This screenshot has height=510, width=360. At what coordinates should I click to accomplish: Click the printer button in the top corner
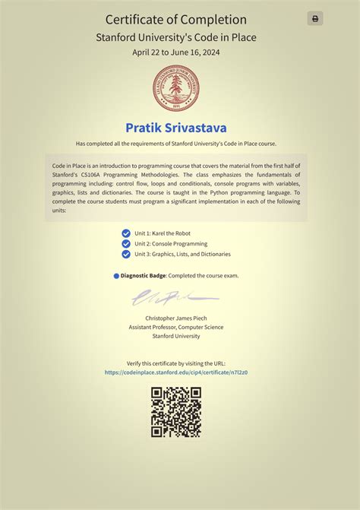(x=315, y=19)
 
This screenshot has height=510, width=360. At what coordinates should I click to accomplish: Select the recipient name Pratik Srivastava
(x=175, y=127)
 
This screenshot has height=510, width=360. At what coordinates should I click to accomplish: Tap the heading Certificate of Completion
(x=175, y=20)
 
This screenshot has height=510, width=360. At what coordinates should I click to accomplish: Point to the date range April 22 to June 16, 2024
(x=175, y=52)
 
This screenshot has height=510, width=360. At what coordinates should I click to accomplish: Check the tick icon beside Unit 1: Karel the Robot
(x=126, y=233)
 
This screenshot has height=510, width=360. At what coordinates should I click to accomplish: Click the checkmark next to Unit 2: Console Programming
(x=126, y=244)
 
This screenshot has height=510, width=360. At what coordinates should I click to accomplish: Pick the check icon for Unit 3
(x=126, y=254)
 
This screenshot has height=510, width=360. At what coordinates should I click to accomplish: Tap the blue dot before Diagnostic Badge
(x=116, y=276)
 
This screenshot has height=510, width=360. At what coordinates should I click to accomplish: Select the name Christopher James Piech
(x=176, y=318)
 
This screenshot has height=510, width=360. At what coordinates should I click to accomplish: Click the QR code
(x=176, y=412)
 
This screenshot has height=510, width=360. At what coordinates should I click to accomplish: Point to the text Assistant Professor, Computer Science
(x=176, y=327)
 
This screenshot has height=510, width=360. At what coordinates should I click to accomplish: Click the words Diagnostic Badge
(x=143, y=275)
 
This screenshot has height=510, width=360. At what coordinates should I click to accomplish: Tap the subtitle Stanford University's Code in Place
(x=175, y=36)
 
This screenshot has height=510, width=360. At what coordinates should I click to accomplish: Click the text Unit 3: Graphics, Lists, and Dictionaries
(x=182, y=254)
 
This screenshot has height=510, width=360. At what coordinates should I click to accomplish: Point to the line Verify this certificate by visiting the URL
(x=176, y=363)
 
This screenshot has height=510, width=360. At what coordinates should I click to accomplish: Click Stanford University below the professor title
(x=176, y=336)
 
